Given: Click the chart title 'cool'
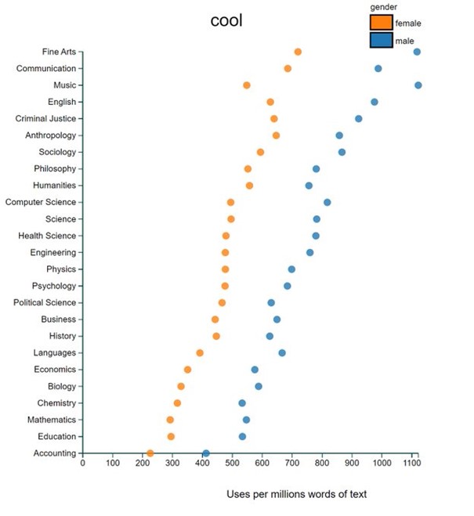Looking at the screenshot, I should [226, 21].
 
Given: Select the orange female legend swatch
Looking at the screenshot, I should [381, 22].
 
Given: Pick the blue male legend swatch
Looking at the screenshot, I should [381, 40].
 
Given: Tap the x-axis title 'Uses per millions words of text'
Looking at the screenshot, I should [296, 494].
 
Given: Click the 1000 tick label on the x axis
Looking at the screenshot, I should [382, 464].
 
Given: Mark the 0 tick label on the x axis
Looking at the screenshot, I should [82, 464].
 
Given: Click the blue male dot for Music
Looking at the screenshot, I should [418, 85].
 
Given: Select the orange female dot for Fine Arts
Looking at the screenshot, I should [298, 52].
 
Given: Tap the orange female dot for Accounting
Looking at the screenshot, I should [150, 453].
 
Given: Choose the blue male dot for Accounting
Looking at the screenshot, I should [206, 453].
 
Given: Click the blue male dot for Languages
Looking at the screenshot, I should [282, 352].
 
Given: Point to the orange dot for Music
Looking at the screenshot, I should [247, 85].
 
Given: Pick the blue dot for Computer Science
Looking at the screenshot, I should [327, 202].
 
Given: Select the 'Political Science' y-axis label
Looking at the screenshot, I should [45, 302].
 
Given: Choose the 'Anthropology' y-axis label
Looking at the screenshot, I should [50, 135].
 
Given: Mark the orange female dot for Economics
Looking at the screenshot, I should [187, 370].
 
